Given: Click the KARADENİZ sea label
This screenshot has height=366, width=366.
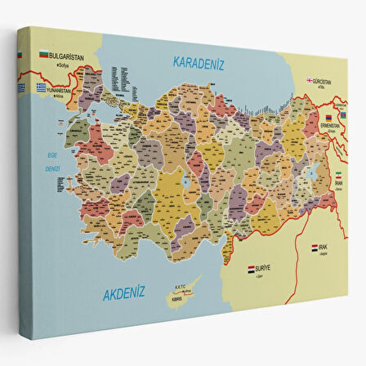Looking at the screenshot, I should click(199, 62).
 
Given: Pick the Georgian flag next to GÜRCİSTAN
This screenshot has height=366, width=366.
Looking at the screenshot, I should click(310, 80).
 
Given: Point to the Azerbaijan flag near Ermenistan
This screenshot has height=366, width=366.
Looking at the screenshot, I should click(343, 114).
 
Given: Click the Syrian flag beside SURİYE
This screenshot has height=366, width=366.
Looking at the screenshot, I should click(252, 267).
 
